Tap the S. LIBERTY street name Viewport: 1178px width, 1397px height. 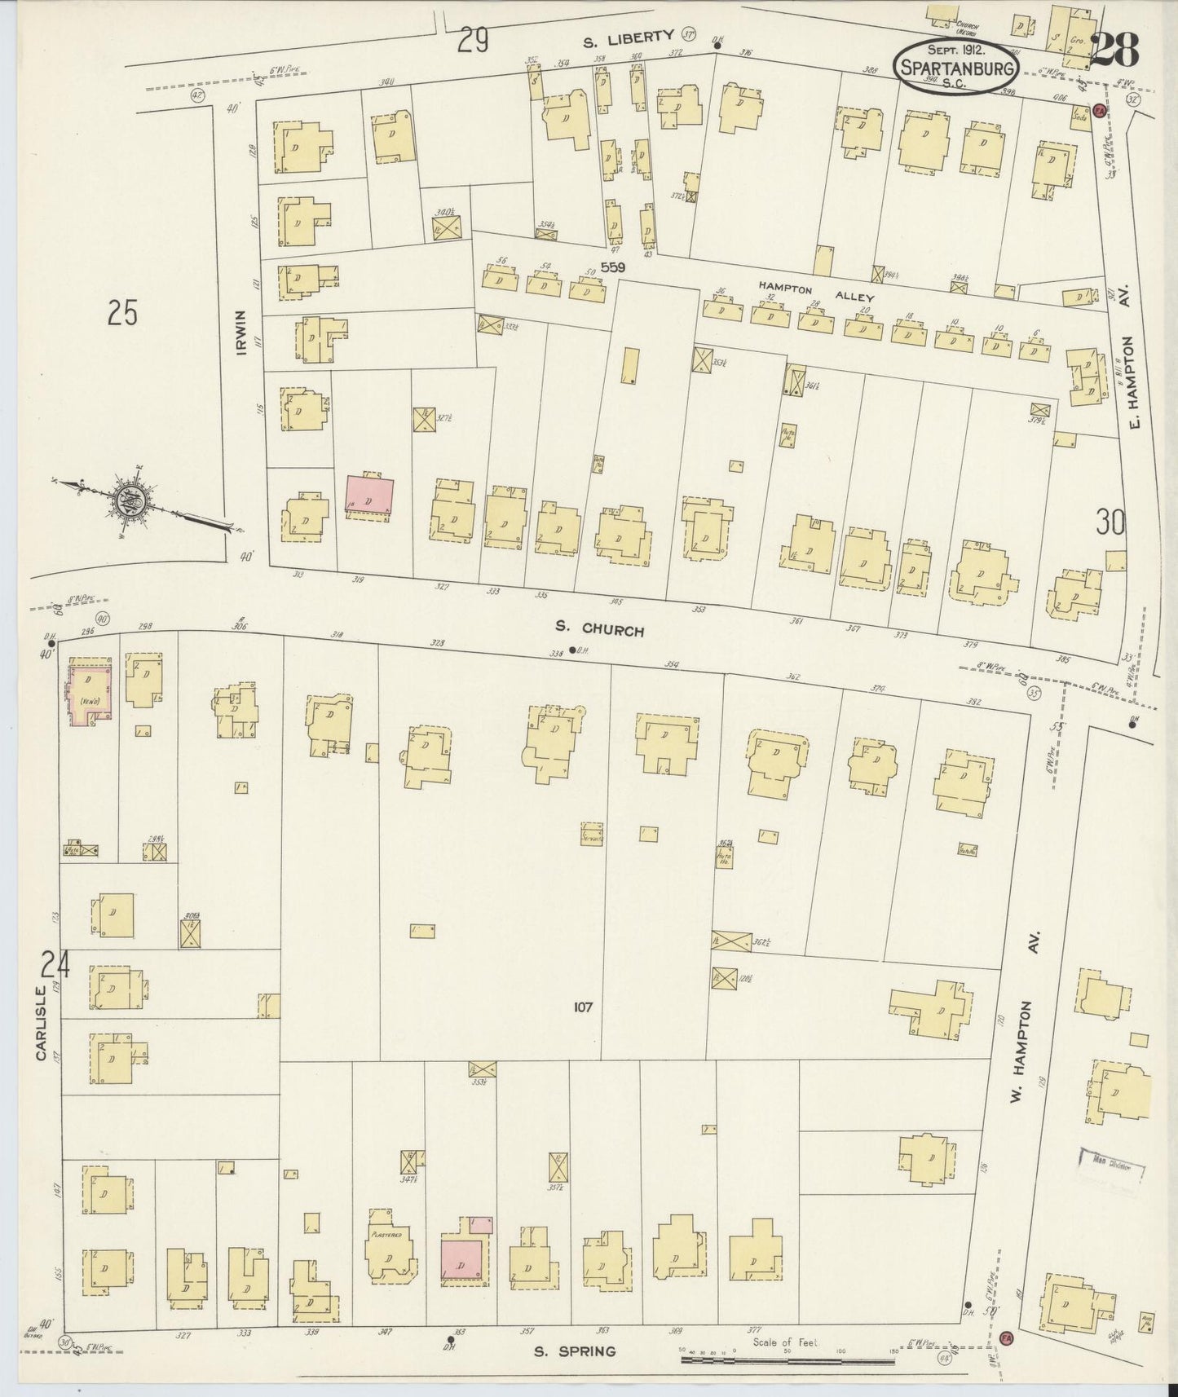[x=629, y=36]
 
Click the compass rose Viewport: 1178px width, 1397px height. [x=135, y=497]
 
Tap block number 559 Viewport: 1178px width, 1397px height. [x=612, y=267]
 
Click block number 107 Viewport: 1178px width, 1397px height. [x=582, y=1007]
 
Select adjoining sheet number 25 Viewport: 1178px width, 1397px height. [x=122, y=314]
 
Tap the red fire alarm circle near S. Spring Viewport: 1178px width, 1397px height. [x=1006, y=1338]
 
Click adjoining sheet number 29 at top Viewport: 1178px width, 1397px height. [x=473, y=38]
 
